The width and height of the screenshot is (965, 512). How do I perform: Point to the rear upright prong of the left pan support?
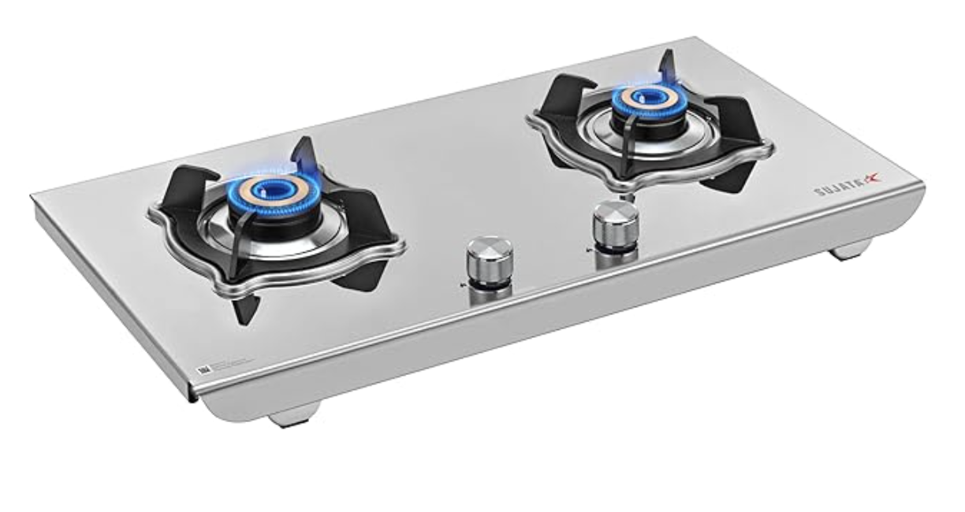tap(307, 154)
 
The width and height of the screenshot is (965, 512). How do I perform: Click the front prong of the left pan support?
tap(240, 303)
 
